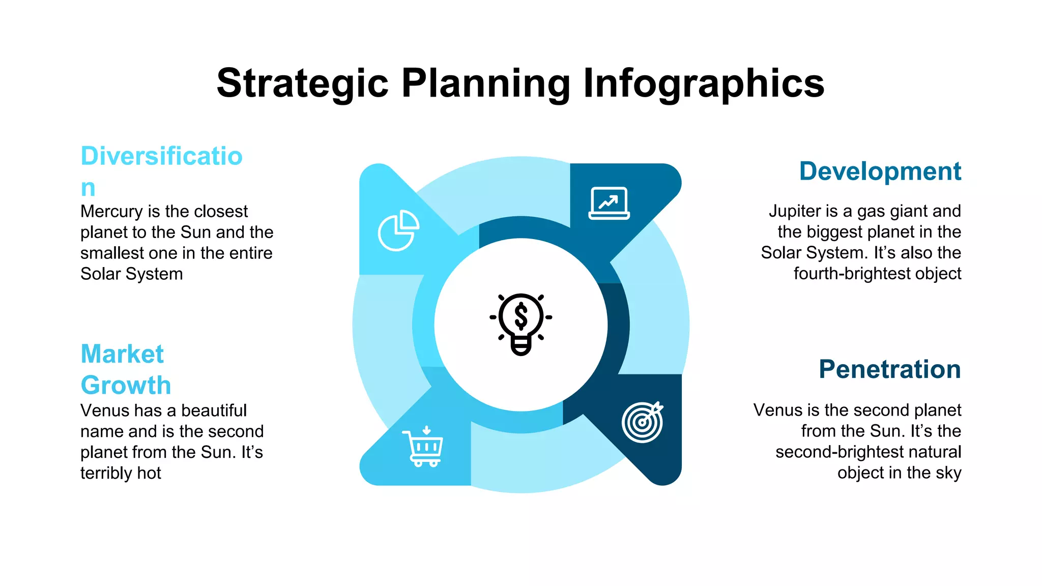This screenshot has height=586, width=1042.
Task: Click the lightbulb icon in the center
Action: (520, 324)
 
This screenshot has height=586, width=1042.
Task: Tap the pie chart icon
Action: (398, 230)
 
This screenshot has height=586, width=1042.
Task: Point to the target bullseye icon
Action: (643, 422)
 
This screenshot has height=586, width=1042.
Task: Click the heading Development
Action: (880, 171)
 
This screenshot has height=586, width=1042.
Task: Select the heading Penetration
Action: (889, 369)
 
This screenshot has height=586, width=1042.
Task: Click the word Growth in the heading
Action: (126, 385)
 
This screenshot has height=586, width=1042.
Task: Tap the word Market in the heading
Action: (122, 354)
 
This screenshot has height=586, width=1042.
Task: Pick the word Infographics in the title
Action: (703, 83)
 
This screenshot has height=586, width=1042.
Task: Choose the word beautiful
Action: (214, 411)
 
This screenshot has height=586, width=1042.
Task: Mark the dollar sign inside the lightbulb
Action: (520, 316)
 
